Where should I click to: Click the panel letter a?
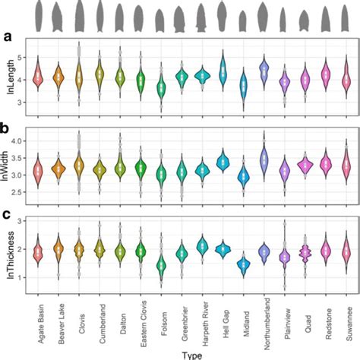point(7,36)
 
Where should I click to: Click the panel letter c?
point(7,217)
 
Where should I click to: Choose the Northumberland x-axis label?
point(264,327)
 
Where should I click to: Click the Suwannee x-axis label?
point(346,319)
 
